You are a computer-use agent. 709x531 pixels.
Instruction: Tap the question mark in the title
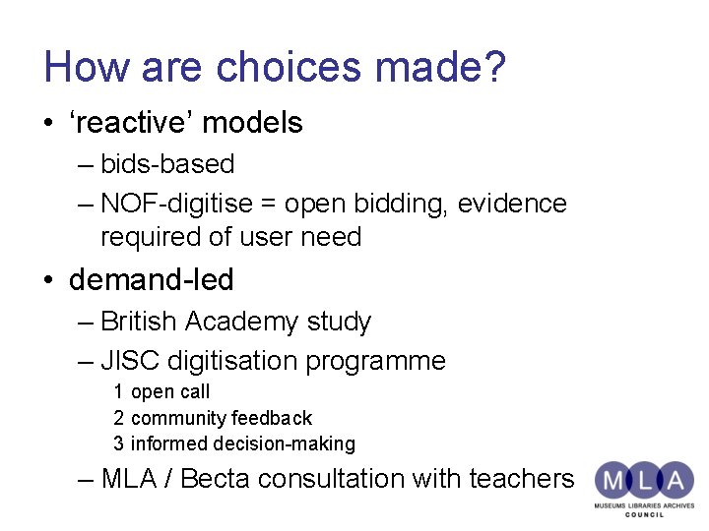pos(494,67)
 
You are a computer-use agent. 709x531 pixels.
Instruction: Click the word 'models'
pos(252,123)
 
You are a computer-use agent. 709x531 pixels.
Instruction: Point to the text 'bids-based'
pos(167,164)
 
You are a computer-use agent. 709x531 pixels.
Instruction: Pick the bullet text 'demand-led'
pos(151,280)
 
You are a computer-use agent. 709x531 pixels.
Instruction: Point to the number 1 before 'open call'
pos(118,391)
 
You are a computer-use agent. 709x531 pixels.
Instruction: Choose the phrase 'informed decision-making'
pos(242,443)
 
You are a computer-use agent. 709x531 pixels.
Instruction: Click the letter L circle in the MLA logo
pos(645,480)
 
